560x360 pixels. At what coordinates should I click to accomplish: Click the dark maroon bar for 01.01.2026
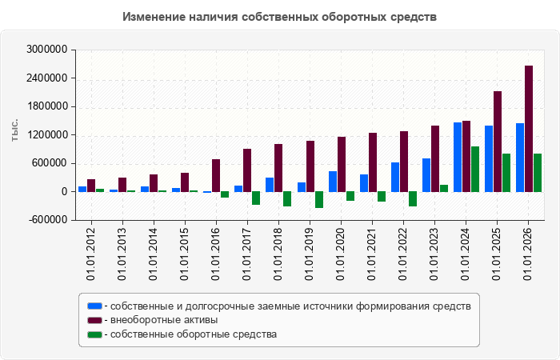[529, 129]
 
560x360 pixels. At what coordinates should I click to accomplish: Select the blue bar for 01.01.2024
[458, 157]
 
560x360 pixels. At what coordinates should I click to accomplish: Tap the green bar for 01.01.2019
[319, 200]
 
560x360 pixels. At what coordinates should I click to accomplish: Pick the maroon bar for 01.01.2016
[216, 175]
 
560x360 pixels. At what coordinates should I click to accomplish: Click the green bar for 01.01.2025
[506, 173]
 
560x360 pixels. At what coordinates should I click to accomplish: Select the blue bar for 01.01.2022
[395, 177]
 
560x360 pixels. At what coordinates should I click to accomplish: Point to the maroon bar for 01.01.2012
[91, 186]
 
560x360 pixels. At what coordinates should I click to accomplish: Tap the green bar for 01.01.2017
[256, 198]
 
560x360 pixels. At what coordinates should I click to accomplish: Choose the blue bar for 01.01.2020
[333, 182]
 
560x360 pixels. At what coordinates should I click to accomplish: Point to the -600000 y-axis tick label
[48, 220]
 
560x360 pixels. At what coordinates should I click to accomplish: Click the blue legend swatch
[94, 306]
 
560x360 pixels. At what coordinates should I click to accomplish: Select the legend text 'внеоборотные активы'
[164, 320]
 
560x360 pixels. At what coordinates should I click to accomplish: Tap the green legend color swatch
[94, 334]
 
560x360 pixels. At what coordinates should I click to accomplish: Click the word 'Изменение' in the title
[154, 17]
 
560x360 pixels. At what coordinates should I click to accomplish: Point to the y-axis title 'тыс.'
[14, 130]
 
